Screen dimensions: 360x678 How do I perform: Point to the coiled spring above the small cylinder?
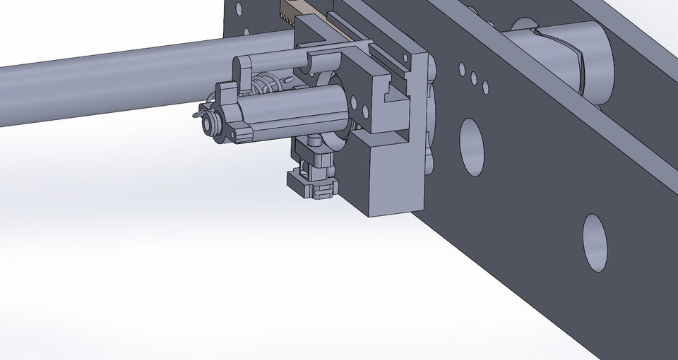(x=265, y=89)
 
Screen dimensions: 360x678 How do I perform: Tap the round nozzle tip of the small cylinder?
(x=210, y=124)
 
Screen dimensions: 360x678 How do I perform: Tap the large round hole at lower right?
(x=595, y=242)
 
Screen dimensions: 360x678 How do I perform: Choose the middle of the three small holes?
(x=474, y=78)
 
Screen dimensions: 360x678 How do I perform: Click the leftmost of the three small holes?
(x=462, y=69)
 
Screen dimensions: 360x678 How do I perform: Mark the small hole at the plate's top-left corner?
(x=239, y=9)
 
